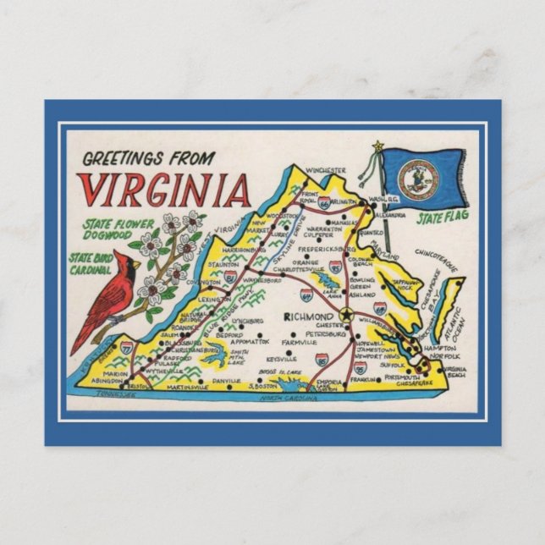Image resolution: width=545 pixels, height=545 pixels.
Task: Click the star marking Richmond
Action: (x=344, y=315)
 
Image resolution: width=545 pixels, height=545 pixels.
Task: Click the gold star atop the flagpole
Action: (x=377, y=146)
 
